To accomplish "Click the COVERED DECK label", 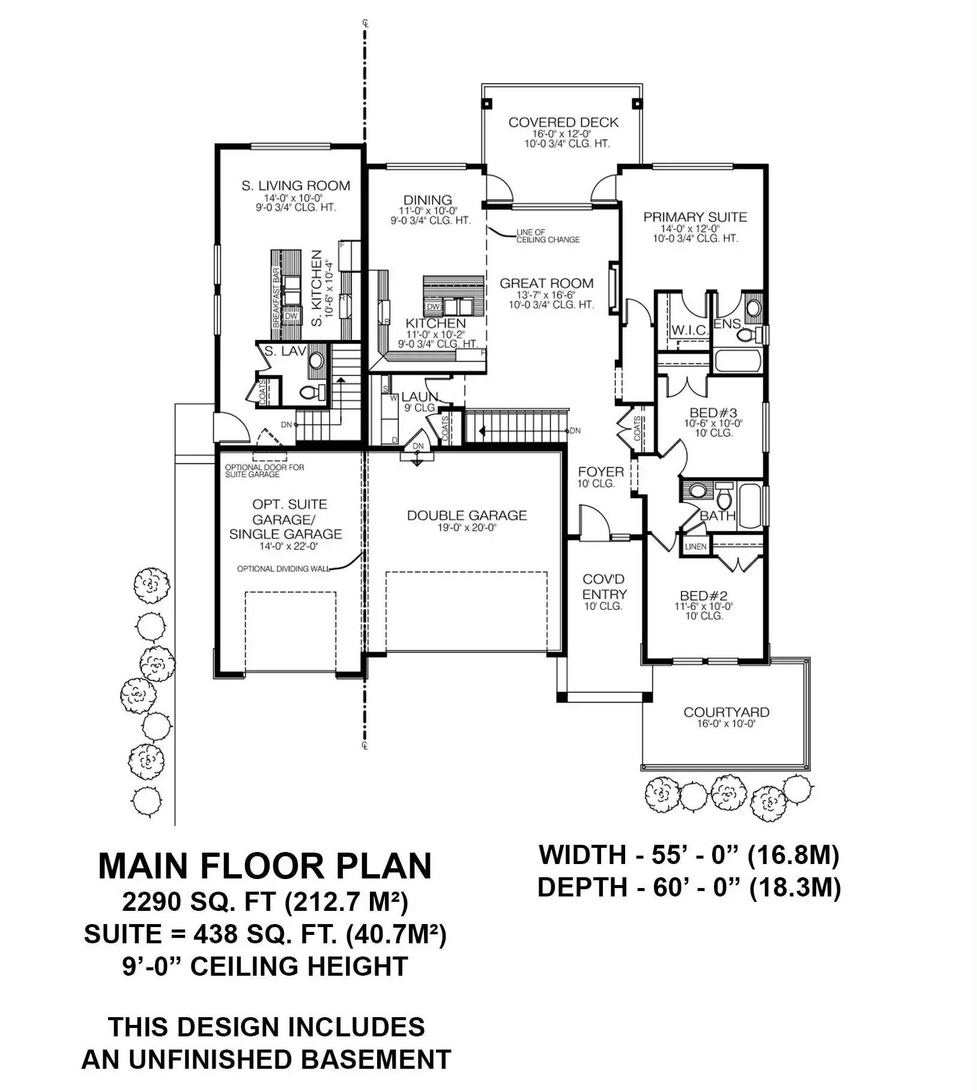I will click(x=563, y=122).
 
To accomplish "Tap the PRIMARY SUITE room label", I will click(x=695, y=217).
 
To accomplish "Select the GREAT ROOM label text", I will click(x=546, y=283).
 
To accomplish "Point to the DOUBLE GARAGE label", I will click(x=467, y=515).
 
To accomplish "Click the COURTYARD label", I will click(x=725, y=712).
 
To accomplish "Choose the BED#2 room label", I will click(x=703, y=596).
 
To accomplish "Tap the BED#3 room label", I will click(x=713, y=413).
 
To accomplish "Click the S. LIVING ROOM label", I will click(x=295, y=186).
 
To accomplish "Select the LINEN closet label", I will click(x=695, y=547).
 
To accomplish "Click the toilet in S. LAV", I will click(x=312, y=393).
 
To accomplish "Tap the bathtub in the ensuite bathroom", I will click(x=737, y=361).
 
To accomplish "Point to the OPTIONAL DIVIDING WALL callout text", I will click(x=283, y=569).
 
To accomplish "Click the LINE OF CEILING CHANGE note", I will click(x=547, y=236).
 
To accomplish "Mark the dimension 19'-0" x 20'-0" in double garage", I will click(x=467, y=528).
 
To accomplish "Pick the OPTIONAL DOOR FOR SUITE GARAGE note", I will click(x=264, y=471).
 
